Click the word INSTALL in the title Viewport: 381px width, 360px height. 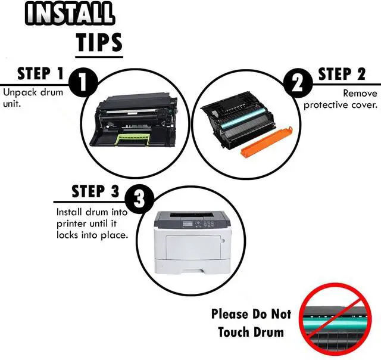pos(69,13)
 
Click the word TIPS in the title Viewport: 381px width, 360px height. pos(99,42)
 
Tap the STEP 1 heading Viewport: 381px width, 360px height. pos(40,73)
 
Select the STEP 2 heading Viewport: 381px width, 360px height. pos(342,74)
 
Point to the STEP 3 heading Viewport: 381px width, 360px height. pos(95,191)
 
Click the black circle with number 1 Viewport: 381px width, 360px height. pos(83,82)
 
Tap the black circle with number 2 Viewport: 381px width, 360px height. pos(298,82)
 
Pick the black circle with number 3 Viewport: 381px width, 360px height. pos(139,200)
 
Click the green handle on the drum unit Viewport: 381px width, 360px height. pos(133,139)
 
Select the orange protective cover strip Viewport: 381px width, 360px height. pos(266,142)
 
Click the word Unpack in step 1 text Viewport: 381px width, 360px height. pos(20,93)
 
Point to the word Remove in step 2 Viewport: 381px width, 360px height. pos(360,93)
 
